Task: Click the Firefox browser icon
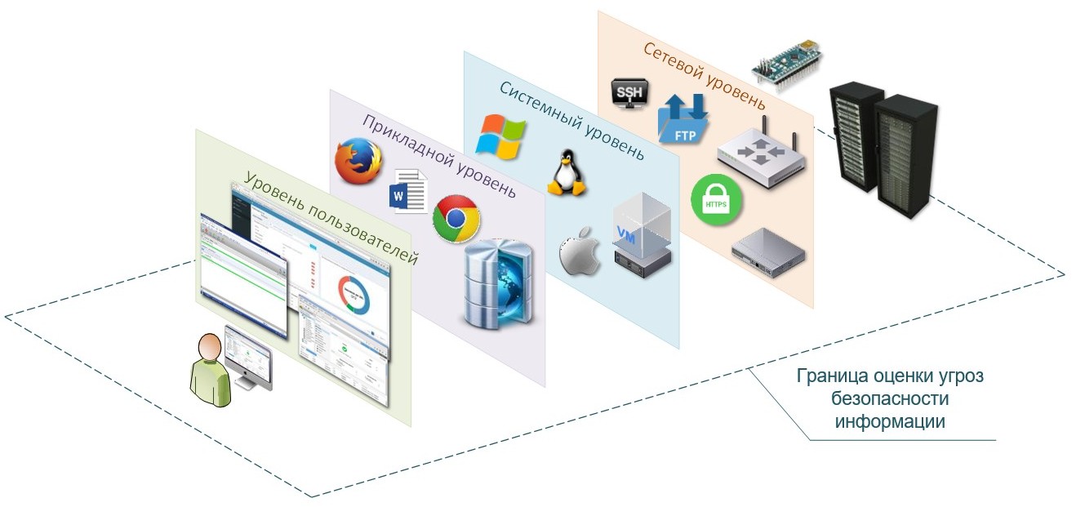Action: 359,160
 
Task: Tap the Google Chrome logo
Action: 456,218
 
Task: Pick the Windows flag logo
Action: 500,135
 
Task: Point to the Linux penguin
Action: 566,173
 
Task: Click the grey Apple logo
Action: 578,251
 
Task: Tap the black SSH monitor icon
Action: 628,91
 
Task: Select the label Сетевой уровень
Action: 704,76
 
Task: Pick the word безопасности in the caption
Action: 889,399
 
